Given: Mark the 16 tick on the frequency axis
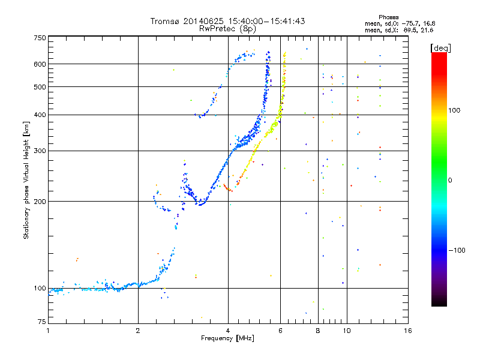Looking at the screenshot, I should click(x=407, y=330).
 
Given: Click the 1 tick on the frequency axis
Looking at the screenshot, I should click(x=48, y=330).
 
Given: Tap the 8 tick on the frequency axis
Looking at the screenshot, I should click(x=318, y=330).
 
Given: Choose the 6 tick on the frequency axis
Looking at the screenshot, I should click(x=281, y=330).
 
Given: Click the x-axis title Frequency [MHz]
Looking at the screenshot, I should click(x=227, y=338).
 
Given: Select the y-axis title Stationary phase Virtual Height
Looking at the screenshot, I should click(x=27, y=180).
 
